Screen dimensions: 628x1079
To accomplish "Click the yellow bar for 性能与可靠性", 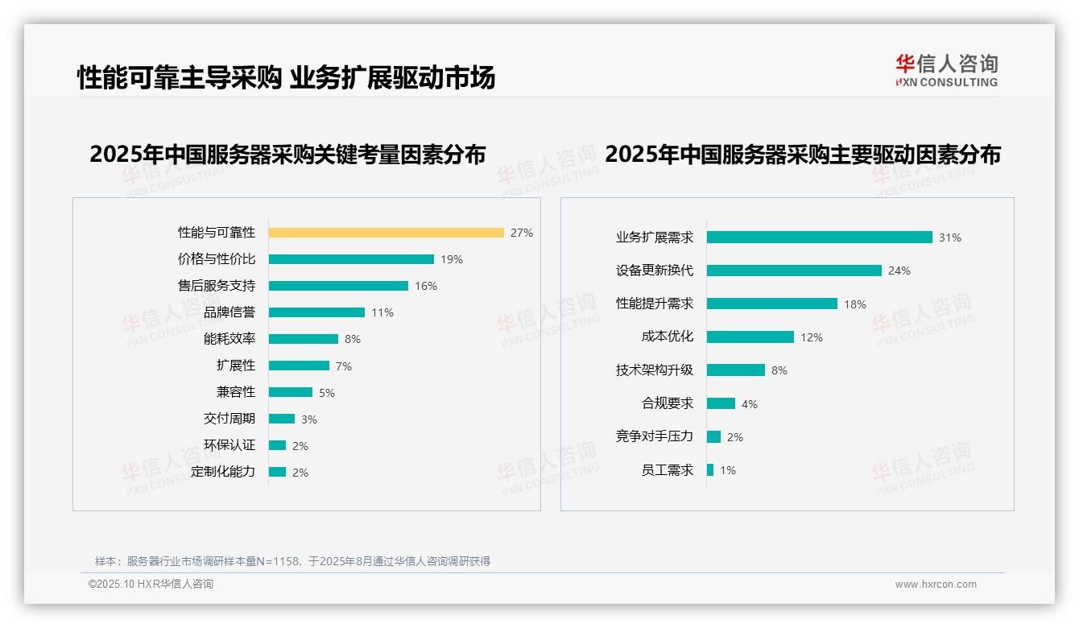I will pos(386,233).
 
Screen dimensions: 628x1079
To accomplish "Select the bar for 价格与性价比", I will pos(351,259).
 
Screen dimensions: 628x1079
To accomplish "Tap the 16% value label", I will pos(426,286).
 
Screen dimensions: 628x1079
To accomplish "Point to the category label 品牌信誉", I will pos(229,312).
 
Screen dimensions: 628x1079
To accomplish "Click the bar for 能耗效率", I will pos(304,339).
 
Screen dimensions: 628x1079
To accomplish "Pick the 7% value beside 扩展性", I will pos(344,366).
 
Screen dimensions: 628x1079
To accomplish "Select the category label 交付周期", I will pos(229,419).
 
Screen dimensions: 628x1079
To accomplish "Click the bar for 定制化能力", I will pos(278,472).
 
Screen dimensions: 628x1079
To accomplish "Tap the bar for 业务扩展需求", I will pos(820,238).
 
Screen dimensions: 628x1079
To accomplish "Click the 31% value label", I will pos(950,238).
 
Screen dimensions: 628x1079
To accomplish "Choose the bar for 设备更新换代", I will pos(794,271).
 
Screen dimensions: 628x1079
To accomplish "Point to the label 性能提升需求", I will pos(655,304).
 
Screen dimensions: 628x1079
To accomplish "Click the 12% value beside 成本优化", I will pos(812,337).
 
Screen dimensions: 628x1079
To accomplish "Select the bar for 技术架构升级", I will pos(736,370).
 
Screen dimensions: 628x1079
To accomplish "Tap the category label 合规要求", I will pos(668,403).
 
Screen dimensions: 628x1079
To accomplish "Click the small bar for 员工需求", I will pos(710,470).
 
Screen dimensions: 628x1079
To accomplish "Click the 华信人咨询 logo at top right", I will pos(947,71).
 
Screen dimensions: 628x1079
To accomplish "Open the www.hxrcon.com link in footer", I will pos(936,585).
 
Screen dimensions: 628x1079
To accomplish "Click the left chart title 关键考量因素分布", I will pos(287,154).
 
